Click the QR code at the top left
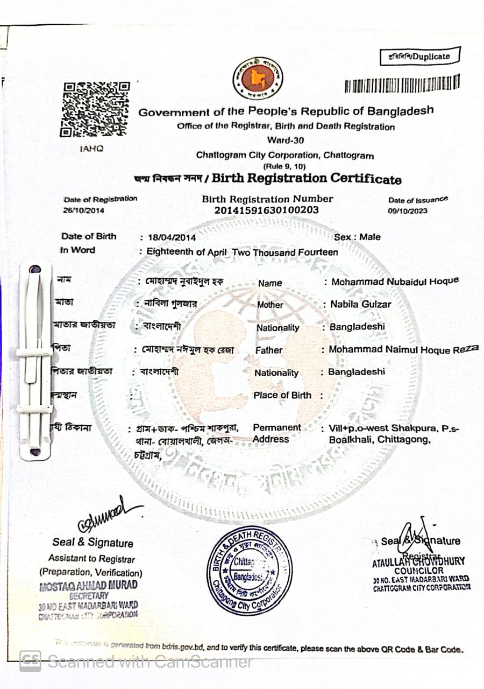click(95, 109)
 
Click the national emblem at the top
click(257, 79)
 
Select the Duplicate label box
click(420, 56)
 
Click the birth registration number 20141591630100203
click(266, 210)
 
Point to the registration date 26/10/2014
click(84, 210)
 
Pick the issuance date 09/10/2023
click(408, 211)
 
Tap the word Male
click(370, 237)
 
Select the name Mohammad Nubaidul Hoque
click(395, 281)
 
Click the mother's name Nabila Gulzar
click(360, 304)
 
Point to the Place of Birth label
click(282, 395)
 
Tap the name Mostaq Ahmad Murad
click(88, 585)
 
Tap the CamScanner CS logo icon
click(30, 661)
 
